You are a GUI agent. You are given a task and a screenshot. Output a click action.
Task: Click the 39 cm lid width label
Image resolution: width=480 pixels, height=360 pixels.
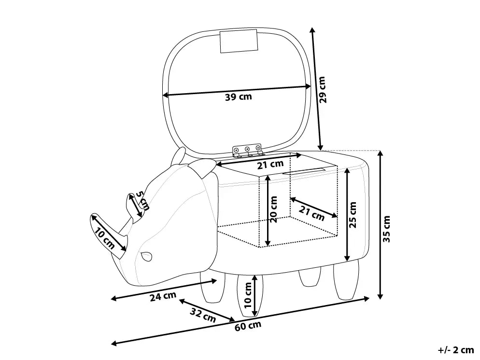238,97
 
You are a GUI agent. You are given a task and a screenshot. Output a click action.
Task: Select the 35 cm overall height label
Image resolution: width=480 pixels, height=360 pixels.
387,229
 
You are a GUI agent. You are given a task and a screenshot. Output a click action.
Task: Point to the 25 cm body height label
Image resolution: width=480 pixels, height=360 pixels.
353,215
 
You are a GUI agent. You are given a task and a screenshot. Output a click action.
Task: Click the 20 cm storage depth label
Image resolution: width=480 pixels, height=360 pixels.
273,209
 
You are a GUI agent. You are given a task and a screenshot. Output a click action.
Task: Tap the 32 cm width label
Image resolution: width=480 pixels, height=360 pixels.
203,315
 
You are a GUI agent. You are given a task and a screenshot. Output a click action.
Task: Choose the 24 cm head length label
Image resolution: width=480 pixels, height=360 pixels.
163,296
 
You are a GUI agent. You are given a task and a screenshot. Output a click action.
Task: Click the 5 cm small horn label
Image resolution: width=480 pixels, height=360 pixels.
142,201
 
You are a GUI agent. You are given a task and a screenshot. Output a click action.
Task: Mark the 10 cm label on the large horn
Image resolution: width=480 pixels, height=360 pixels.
104,239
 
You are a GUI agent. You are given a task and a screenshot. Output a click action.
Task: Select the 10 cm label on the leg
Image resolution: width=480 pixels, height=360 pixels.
248,295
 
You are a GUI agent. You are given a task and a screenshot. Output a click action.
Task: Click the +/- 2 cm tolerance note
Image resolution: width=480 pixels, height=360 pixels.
455,350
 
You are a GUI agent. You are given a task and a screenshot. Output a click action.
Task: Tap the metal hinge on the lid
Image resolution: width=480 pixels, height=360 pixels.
247,150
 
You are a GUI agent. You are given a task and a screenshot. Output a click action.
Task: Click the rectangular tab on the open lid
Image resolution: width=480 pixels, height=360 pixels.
239,41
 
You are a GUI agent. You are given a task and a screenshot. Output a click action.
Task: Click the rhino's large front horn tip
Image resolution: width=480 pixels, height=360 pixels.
92,215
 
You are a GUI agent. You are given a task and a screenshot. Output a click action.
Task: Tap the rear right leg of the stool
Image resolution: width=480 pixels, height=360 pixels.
346,279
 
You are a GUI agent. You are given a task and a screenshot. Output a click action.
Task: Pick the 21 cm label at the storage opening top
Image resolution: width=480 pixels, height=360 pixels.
270,165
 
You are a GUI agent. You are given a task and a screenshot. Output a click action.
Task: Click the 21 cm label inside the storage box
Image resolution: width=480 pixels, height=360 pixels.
311,213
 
